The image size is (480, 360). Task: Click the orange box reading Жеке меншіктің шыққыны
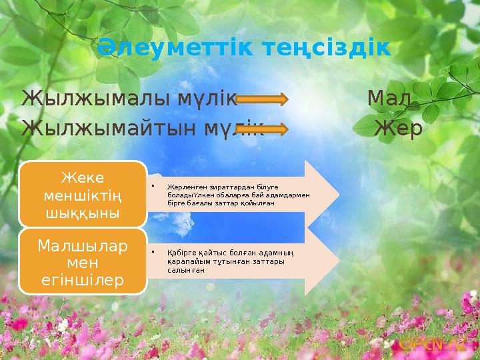pyautogui.click(x=82, y=194)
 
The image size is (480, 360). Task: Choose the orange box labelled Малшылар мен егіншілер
pyautogui.click(x=82, y=262)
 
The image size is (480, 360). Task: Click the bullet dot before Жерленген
pyautogui.click(x=153, y=187)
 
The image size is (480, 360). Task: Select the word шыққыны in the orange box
pyautogui.click(x=82, y=213)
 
